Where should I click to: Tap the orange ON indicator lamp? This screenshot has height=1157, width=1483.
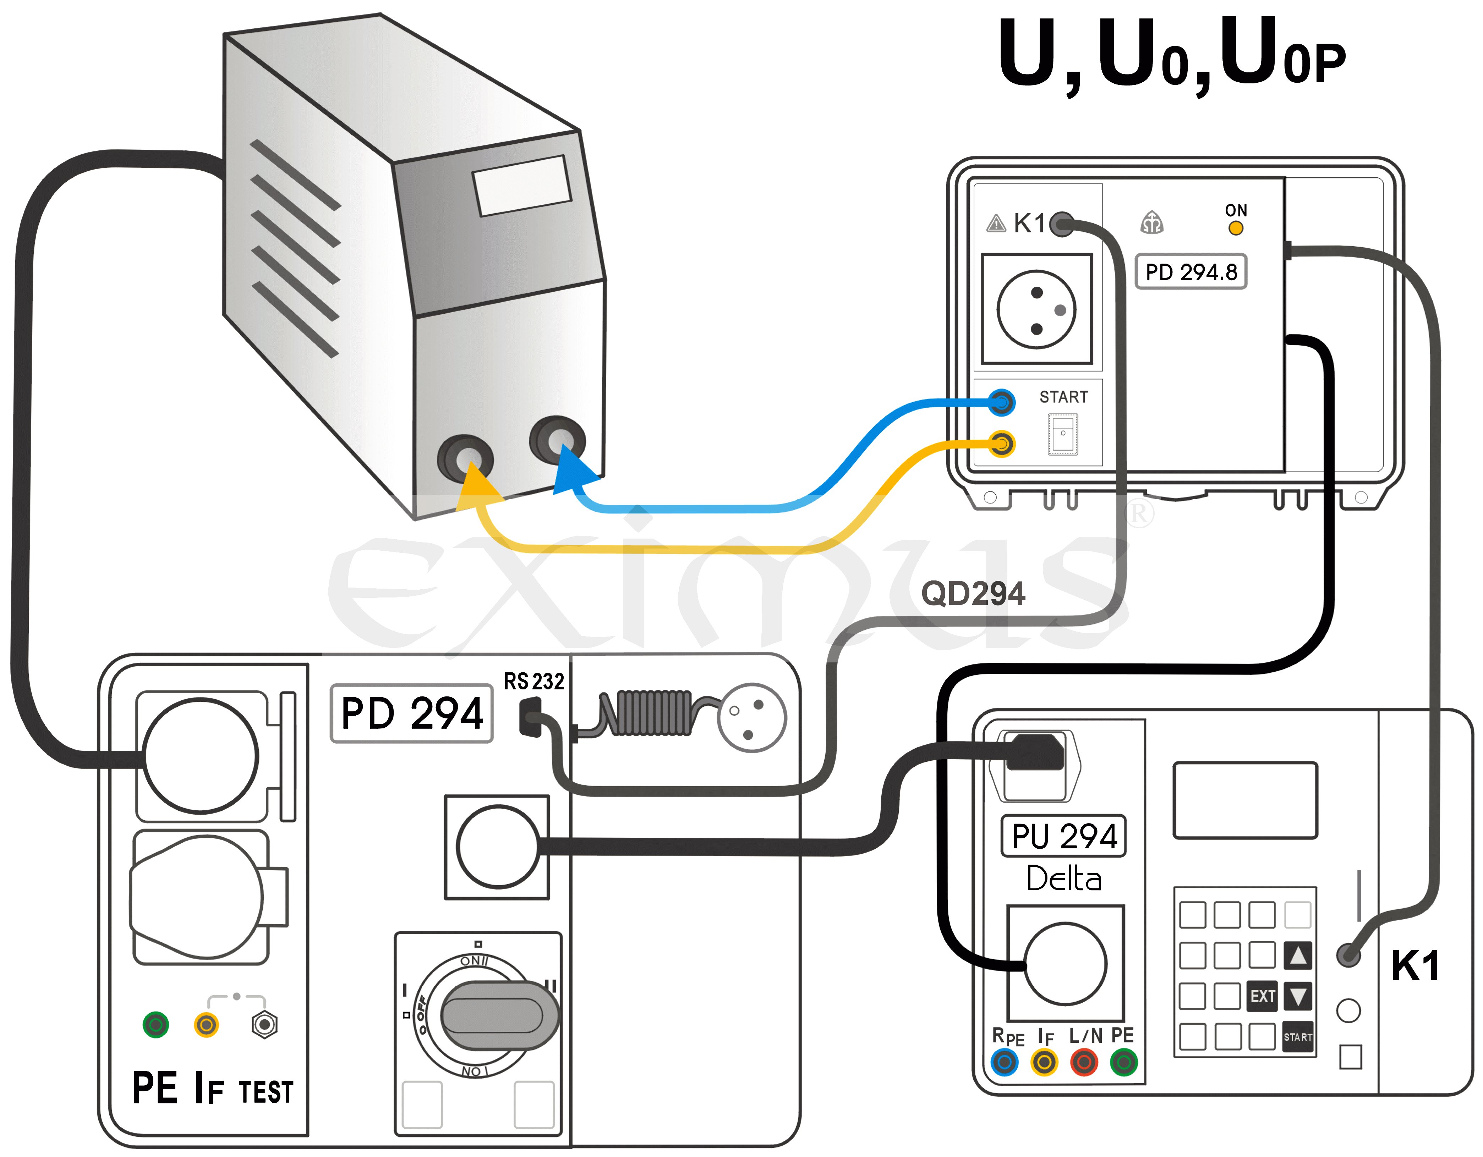pyautogui.click(x=1236, y=228)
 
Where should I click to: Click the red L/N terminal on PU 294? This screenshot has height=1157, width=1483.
pyautogui.click(x=1084, y=1062)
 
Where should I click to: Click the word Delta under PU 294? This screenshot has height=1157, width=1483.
pyautogui.click(x=1064, y=879)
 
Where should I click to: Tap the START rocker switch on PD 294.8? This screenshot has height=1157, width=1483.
pyautogui.click(x=1063, y=434)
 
